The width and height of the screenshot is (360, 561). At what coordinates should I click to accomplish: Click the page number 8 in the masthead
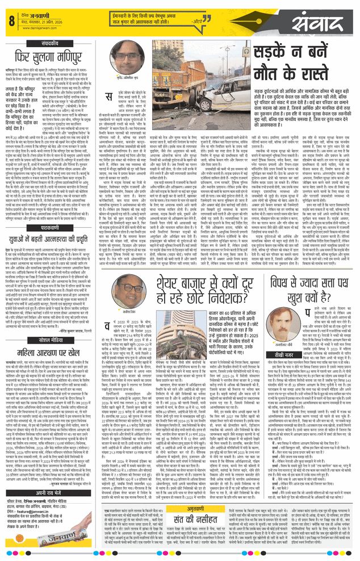click(x=11, y=21)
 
